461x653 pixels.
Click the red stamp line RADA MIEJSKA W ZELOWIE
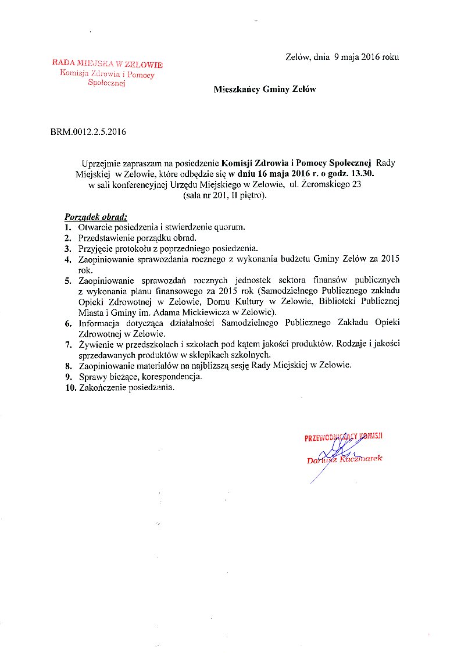coord(108,64)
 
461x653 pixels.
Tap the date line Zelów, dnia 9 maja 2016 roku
coord(342,57)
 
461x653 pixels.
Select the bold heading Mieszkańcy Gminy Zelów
coord(265,90)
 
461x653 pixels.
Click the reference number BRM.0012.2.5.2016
coord(88,132)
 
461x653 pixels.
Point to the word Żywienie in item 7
coord(95,344)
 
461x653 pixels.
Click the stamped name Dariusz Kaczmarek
coord(345,459)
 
